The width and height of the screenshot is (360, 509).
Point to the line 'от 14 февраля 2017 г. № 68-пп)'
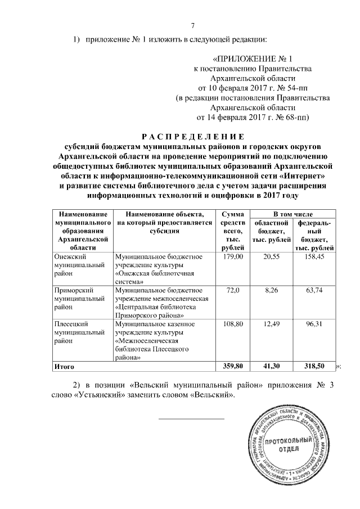click(253, 118)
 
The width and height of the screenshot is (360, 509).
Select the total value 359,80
click(232, 366)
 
